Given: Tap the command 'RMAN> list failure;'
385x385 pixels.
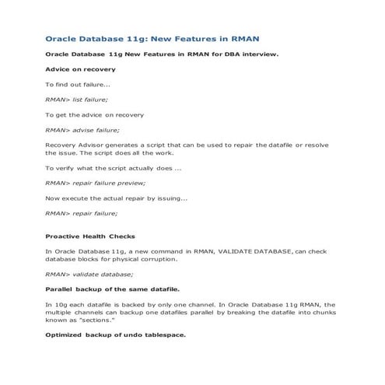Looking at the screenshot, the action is point(76,100).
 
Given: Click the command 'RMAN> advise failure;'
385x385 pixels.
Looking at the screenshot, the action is point(82,130).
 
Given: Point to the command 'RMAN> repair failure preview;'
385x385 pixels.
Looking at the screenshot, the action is point(95,183).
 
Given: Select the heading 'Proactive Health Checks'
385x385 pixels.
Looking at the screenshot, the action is point(89,236).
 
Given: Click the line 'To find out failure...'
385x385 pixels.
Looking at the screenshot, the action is point(77,84).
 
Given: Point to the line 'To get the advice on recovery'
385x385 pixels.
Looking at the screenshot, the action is point(94,114).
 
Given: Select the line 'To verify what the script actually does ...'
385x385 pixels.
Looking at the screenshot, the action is point(113,168).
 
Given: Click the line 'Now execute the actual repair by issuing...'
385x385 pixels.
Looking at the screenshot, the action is point(116,198).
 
